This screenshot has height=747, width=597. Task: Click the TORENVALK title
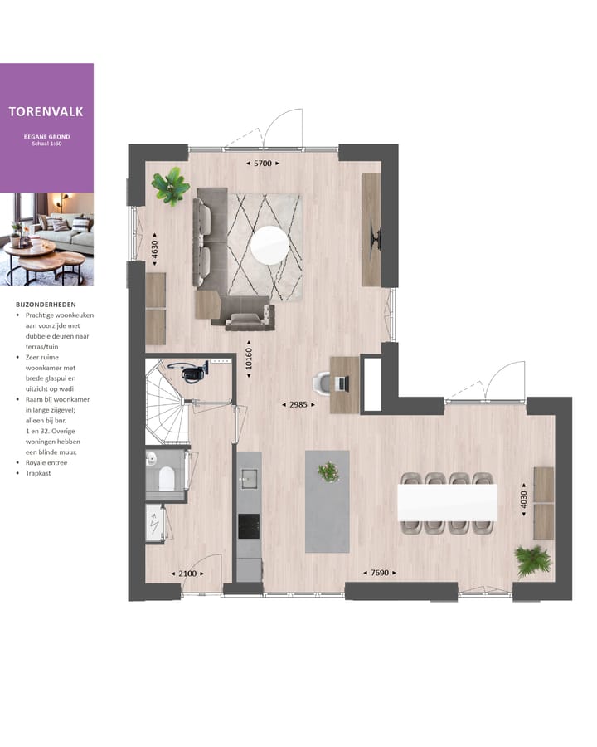(x=46, y=110)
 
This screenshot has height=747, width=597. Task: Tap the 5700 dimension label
(x=263, y=164)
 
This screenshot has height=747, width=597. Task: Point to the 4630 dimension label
(x=154, y=251)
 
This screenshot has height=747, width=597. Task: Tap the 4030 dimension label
(x=524, y=499)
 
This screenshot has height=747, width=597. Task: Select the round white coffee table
(x=270, y=245)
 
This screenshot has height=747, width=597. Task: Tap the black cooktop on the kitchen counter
(x=249, y=525)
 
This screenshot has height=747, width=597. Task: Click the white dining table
(x=447, y=501)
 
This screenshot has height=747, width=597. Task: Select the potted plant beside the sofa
(x=171, y=185)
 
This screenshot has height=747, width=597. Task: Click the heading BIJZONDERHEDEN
(x=46, y=305)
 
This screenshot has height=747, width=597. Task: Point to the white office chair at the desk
(x=322, y=383)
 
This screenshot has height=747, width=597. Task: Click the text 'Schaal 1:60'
(x=46, y=144)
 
